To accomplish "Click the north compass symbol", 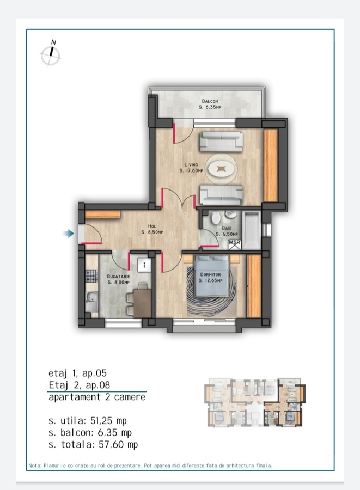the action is pos(51,54).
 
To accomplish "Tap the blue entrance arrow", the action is pos(68,233).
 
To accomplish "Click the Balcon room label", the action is pos(210,104).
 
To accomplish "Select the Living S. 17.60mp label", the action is pos(191,168).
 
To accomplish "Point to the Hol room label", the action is pos(152,229).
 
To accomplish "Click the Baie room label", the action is pos(227,231).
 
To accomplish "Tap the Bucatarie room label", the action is pos(118,279).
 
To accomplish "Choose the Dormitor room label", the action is pos(211,278).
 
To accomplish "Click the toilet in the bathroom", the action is pos(216,218).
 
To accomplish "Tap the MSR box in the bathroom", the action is pos(235,244).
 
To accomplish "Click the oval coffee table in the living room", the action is pos(221,169).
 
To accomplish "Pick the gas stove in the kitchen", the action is pos(91,276).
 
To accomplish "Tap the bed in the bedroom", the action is pos(211,275).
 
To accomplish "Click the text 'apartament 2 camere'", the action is pos(97,397).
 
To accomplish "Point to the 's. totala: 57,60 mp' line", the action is pos(93,444).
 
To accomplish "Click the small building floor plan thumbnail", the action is pos(255,402).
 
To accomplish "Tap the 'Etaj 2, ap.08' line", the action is pos(80,385).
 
